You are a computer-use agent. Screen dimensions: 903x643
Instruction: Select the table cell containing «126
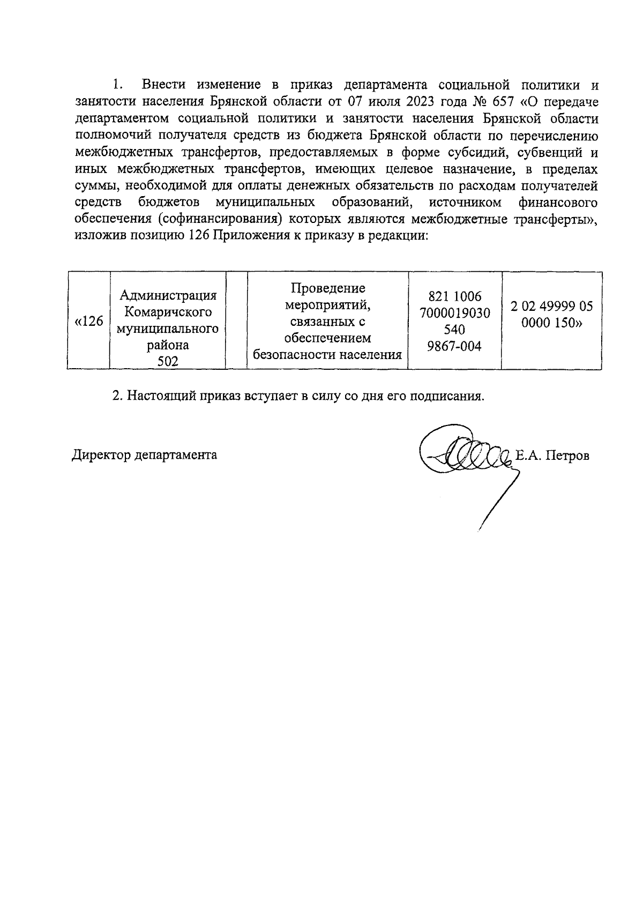tap(88, 321)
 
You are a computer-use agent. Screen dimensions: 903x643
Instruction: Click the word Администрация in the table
tap(168, 295)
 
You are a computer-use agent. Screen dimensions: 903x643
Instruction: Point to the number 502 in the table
tap(168, 362)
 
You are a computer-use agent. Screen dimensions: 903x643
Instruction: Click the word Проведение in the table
tap(327, 288)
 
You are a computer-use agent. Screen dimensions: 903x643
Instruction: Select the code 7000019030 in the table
tap(455, 313)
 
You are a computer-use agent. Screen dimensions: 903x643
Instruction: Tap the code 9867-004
tap(455, 346)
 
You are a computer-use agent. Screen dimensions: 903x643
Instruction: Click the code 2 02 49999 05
tap(551, 306)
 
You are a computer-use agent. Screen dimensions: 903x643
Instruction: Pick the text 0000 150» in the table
tap(551, 323)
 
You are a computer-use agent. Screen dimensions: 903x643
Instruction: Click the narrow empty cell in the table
tap(236, 321)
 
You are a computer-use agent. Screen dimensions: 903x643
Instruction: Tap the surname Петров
tap(567, 456)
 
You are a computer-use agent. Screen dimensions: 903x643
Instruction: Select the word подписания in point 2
tap(446, 397)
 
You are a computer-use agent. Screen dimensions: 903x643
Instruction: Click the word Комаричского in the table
tap(168, 312)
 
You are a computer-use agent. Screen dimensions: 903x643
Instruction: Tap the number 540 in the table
tap(454, 330)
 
